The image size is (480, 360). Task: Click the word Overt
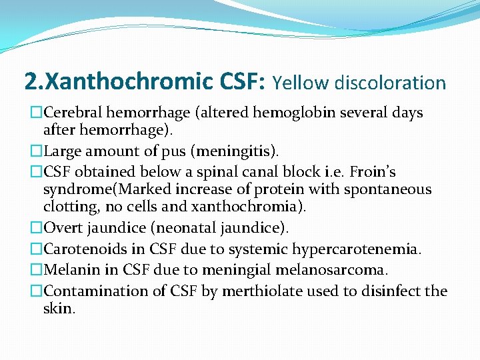coord(63,228)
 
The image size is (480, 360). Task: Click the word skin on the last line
coord(58,309)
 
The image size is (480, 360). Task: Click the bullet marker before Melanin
coord(37,270)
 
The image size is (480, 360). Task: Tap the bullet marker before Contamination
coord(37,291)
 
